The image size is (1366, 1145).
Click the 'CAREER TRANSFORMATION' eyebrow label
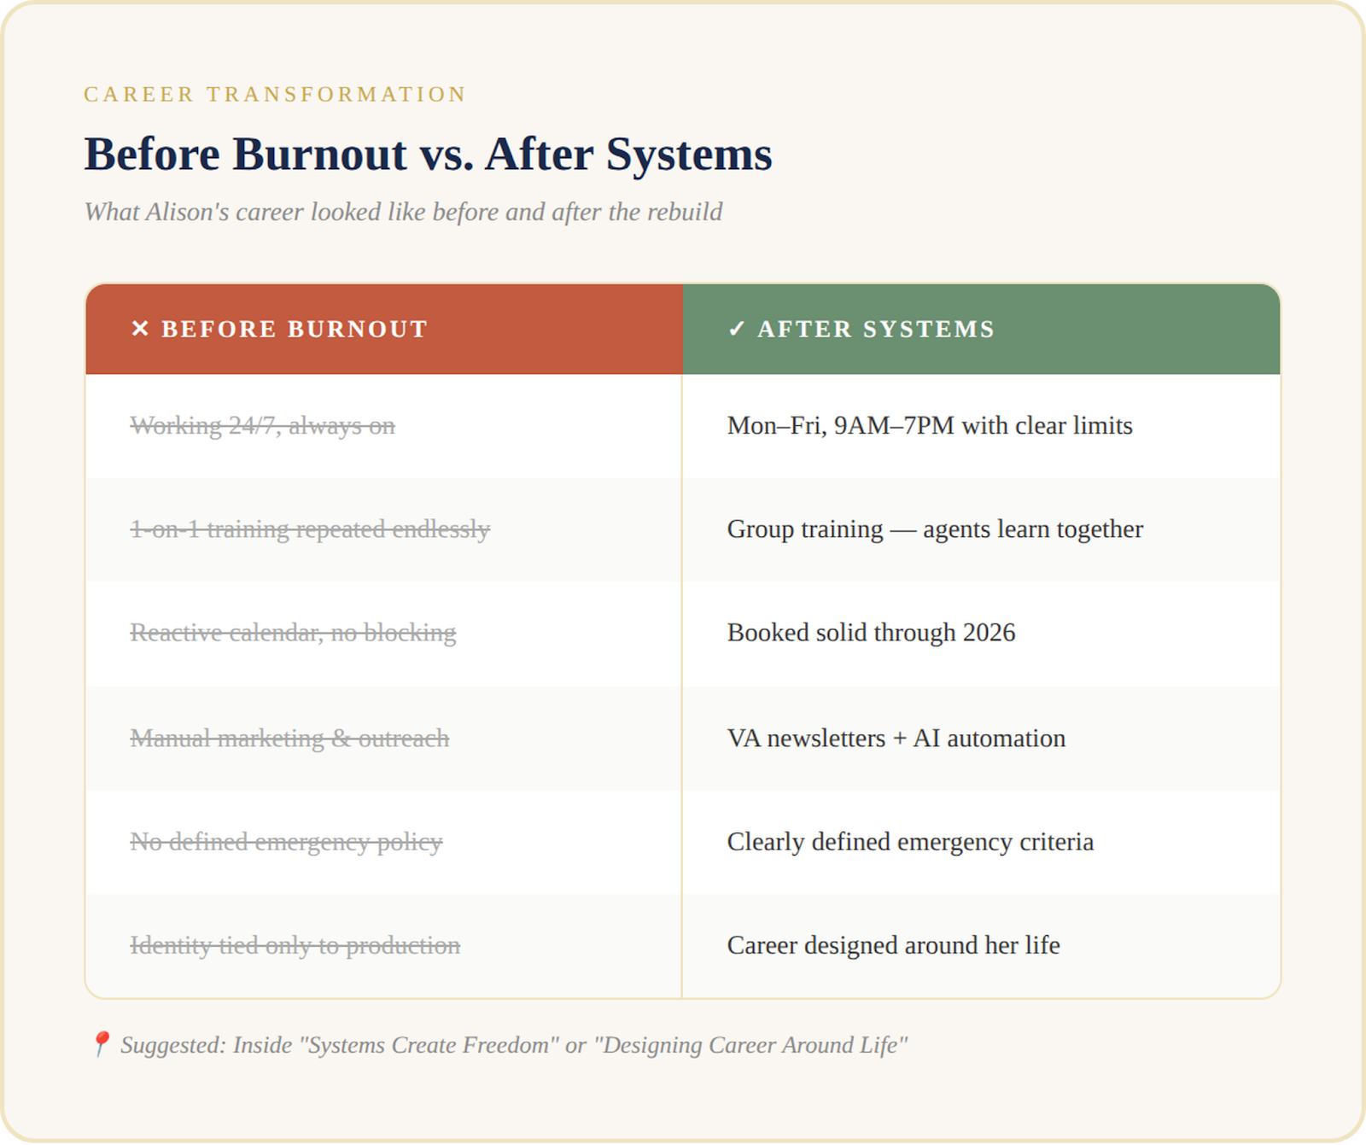tap(275, 94)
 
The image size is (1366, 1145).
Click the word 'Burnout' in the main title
tap(319, 155)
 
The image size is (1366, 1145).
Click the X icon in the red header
tap(140, 329)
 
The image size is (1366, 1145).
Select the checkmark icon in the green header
tap(736, 329)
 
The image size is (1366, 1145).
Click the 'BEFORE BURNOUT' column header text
tap(295, 330)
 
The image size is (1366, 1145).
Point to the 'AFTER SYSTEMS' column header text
tap(876, 330)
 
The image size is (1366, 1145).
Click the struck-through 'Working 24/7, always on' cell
tap(262, 425)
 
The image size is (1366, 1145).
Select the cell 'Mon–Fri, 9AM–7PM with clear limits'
tap(929, 425)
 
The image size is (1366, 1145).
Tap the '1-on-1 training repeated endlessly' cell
tap(309, 529)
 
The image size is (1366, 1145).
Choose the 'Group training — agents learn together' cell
tap(934, 529)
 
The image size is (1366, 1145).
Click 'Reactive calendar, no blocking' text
tap(292, 633)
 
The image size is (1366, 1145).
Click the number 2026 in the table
tap(989, 633)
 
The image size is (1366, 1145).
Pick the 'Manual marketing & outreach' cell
tap(289, 739)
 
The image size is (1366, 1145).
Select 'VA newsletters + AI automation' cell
tap(896, 739)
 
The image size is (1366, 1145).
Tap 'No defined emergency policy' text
tap(285, 842)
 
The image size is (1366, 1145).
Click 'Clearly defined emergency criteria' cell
tap(909, 842)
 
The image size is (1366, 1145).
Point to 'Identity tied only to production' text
tap(295, 945)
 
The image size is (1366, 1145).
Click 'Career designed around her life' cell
tap(893, 945)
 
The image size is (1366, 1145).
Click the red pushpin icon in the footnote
tap(101, 1043)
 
